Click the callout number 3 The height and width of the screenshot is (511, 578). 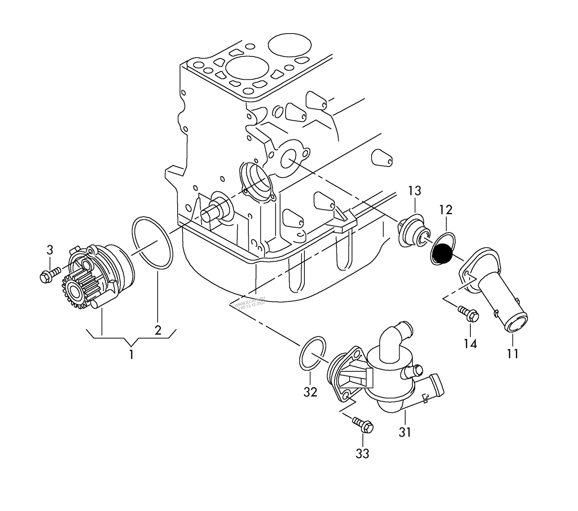point(50,250)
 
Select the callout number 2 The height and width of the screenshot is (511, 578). point(158,330)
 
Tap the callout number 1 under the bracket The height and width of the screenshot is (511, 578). point(131,355)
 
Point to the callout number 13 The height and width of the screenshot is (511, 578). point(415,191)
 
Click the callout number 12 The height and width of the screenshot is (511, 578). point(446,210)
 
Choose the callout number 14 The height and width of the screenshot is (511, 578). point(470,344)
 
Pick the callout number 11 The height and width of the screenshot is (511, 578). point(513,354)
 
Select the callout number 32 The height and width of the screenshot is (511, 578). point(310,393)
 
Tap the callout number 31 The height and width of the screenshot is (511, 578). point(405,433)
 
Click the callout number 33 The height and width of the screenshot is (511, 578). point(363,454)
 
